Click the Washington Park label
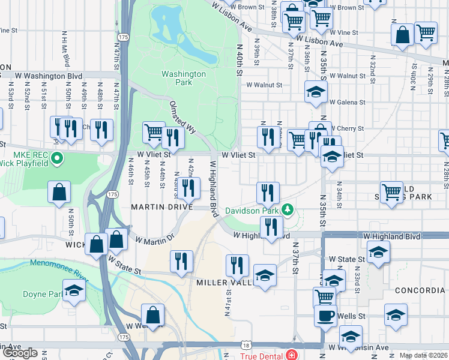coord(183,79)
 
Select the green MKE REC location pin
coord(57,159)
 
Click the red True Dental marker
coord(291,355)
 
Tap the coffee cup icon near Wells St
coord(325,316)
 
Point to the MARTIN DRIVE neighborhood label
coord(162,207)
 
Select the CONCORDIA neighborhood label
coord(420,290)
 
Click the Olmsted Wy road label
coord(178,115)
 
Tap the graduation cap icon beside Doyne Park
coord(74,290)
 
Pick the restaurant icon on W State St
coord(181,261)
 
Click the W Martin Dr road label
coord(154,239)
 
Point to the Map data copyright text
coord(423,355)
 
